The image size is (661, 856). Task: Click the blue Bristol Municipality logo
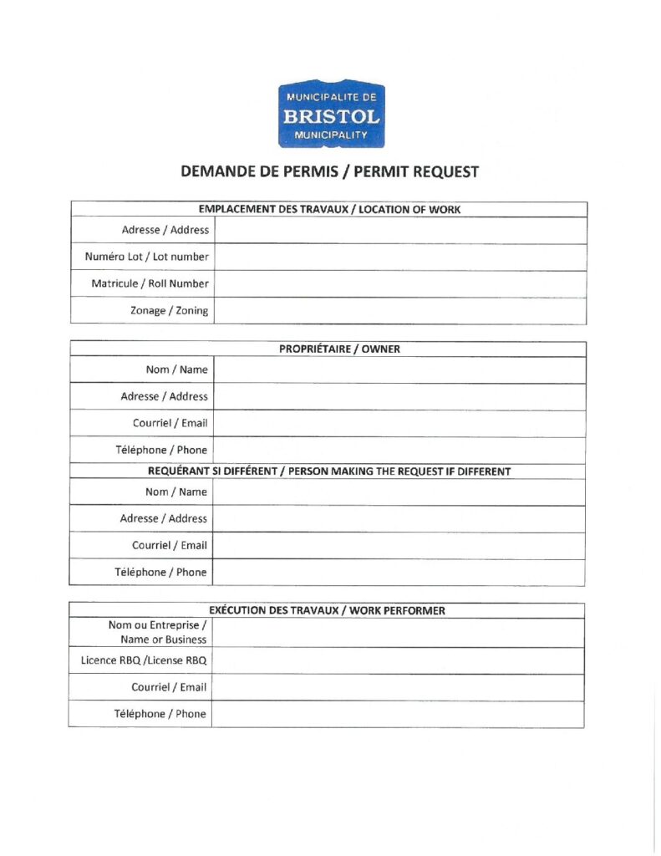coord(331,115)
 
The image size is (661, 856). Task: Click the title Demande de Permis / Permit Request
coord(330,172)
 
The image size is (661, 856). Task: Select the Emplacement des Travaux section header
coord(328,209)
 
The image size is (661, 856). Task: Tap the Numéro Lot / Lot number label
coord(146,257)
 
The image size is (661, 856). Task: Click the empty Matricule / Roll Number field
coord(399,283)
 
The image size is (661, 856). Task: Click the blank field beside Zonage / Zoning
coord(399,310)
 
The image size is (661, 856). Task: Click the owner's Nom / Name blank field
coord(399,369)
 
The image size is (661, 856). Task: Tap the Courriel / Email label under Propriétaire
coord(170,423)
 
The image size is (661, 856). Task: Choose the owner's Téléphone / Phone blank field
coord(399,450)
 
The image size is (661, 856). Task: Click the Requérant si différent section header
coord(328,471)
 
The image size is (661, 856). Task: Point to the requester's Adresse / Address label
coord(163,518)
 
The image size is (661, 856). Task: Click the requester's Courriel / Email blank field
coord(399,545)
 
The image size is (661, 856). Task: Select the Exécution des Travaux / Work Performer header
coord(327,610)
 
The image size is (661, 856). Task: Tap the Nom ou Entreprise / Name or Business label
coord(158,632)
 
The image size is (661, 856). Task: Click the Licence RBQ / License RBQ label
coord(144,660)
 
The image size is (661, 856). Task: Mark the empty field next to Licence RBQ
coord(398,660)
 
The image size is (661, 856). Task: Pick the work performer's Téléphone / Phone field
coord(398,714)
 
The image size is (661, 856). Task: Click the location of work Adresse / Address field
coord(399,230)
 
